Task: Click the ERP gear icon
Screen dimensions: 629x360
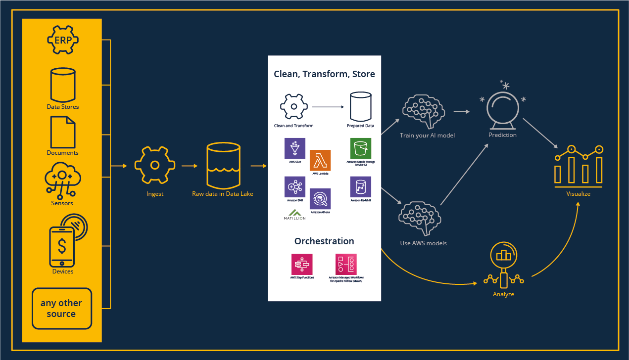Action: pyautogui.click(x=63, y=40)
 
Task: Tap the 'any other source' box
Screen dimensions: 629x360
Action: pyautogui.click(x=62, y=309)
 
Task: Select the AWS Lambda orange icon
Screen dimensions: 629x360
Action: pyautogui.click(x=320, y=160)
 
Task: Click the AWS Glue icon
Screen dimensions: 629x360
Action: pyautogui.click(x=295, y=148)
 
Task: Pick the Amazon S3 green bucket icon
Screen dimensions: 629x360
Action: pyautogui.click(x=361, y=148)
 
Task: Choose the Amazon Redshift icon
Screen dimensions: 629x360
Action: pyautogui.click(x=361, y=187)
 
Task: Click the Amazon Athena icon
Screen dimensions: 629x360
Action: pyautogui.click(x=320, y=199)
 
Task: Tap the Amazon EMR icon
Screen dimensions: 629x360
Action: pyautogui.click(x=295, y=187)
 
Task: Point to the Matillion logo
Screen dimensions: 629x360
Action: pyautogui.click(x=294, y=215)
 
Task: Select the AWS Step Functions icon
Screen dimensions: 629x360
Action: pyautogui.click(x=302, y=265)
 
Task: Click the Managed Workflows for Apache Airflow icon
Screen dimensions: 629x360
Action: pyautogui.click(x=346, y=265)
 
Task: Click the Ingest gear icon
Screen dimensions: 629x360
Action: pyautogui.click(x=155, y=165)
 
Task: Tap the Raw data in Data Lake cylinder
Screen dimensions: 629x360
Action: pyautogui.click(x=223, y=165)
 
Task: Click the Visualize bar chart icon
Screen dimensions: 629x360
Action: pyautogui.click(x=579, y=166)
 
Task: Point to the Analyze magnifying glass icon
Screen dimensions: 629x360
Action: pyautogui.click(x=503, y=265)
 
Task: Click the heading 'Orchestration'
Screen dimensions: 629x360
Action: pyautogui.click(x=324, y=241)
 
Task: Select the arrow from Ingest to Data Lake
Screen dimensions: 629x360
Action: pyautogui.click(x=190, y=166)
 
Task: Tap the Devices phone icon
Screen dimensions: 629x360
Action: pyautogui.click(x=62, y=247)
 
